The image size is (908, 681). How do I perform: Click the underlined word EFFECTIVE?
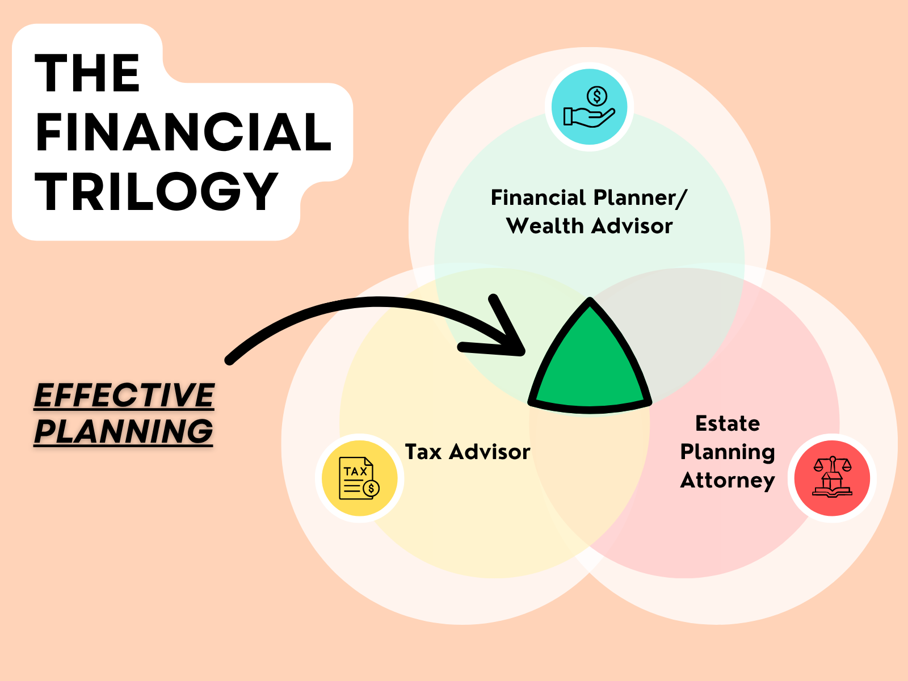point(124,395)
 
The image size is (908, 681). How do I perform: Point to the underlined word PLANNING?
point(123,431)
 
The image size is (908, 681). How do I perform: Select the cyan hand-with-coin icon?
point(589,107)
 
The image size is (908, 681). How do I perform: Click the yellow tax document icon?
point(359,478)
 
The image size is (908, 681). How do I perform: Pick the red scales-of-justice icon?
point(832,478)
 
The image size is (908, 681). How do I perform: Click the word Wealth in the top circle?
point(545,226)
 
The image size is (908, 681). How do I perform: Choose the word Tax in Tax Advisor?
point(423,452)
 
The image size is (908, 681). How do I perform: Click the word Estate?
point(728,423)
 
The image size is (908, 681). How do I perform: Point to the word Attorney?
point(728,481)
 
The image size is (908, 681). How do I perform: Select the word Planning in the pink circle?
point(728,452)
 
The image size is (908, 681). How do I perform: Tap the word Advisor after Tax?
point(489,452)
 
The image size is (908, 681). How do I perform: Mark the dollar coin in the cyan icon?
point(597,96)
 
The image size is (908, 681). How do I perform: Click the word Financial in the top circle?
point(538,197)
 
